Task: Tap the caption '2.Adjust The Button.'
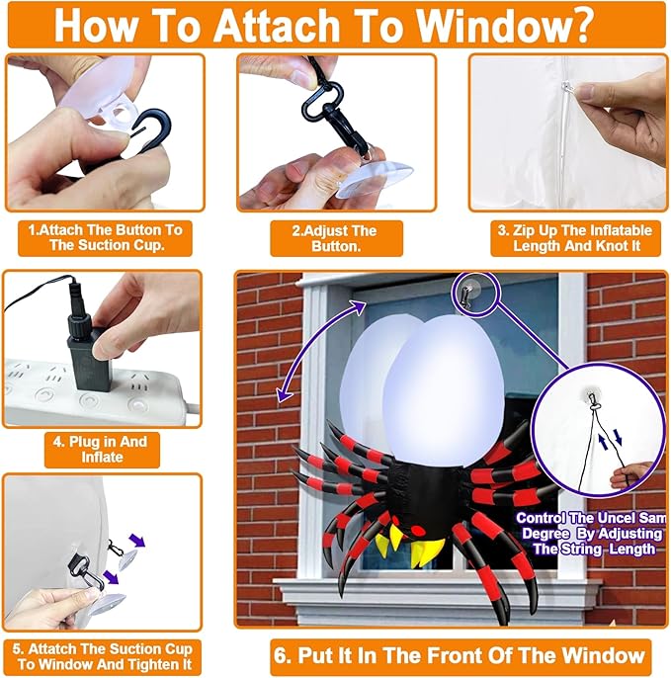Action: [x=336, y=238]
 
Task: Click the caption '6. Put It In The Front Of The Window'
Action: [x=460, y=654]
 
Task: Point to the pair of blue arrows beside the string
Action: [x=619, y=438]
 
